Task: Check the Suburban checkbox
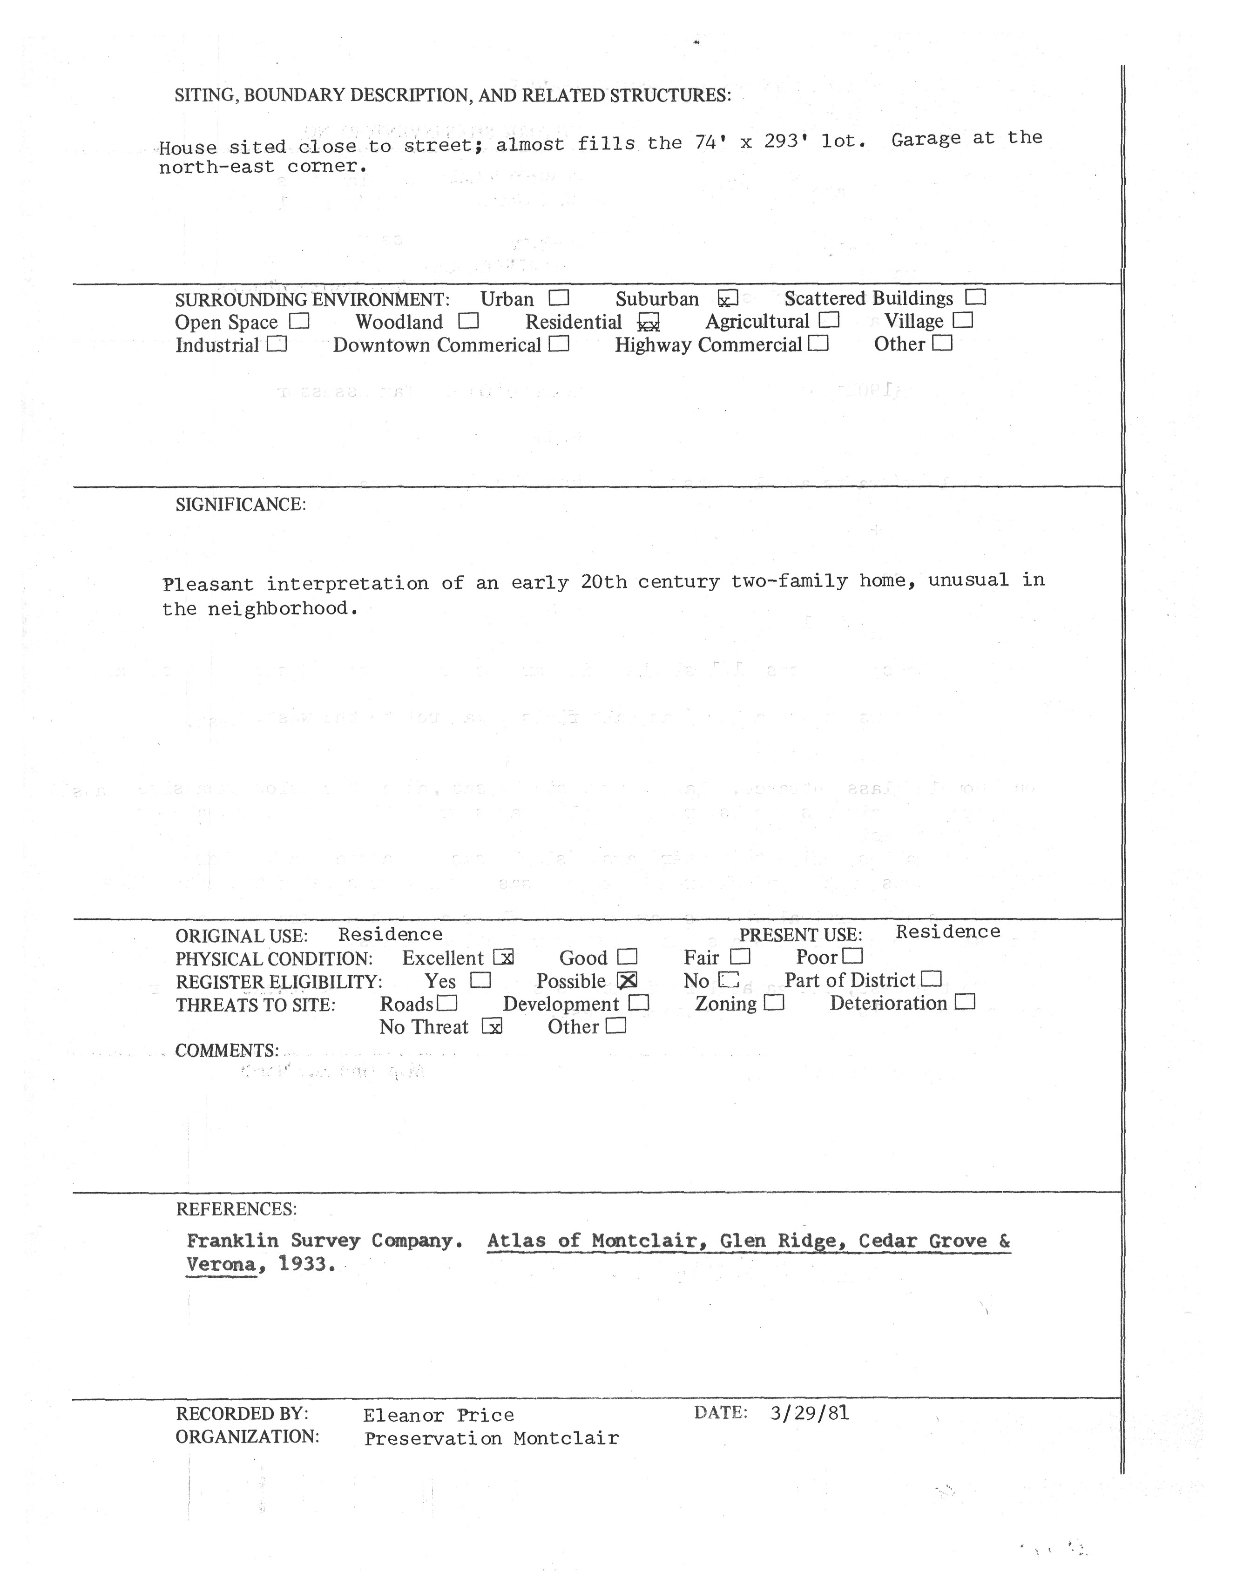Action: tap(727, 298)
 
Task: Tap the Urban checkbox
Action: tap(559, 298)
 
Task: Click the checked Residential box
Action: tap(649, 322)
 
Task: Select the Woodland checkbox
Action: tap(468, 321)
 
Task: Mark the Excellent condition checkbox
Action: tap(504, 957)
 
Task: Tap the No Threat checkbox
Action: tap(492, 1026)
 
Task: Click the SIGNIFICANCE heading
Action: tap(240, 504)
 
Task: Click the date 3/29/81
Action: tap(809, 1412)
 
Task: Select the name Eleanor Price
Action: tap(438, 1415)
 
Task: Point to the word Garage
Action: tap(926, 139)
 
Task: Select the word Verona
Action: tap(221, 1264)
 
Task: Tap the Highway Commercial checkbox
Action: tap(818, 344)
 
